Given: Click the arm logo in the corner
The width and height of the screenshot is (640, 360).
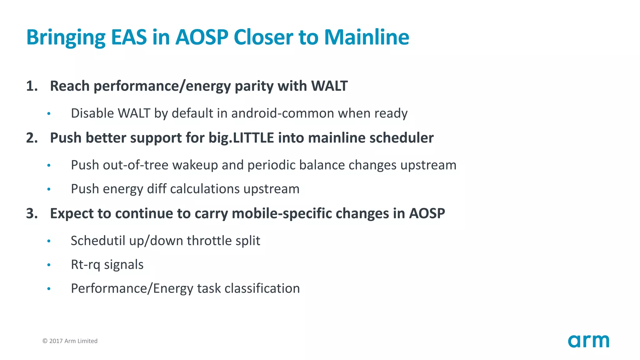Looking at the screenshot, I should pyautogui.click(x=588, y=341).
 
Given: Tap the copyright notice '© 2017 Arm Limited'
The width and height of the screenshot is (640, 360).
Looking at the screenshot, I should pyautogui.click(x=70, y=341).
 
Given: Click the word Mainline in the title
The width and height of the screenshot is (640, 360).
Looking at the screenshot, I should pyautogui.click(x=367, y=37).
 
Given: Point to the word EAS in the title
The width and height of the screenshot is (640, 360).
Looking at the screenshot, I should pyautogui.click(x=129, y=37).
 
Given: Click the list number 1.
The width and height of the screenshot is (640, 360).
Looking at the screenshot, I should pyautogui.click(x=32, y=86).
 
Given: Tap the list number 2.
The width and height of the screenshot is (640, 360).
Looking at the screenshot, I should pyautogui.click(x=32, y=138).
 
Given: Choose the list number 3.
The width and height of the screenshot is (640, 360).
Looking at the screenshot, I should pyautogui.click(x=32, y=213).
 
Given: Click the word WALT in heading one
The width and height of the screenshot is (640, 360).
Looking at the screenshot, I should pyautogui.click(x=329, y=86).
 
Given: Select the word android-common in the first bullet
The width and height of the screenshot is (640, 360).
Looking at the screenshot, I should pyautogui.click(x=282, y=113).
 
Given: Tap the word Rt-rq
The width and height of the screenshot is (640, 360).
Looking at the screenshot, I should pyautogui.click(x=85, y=265).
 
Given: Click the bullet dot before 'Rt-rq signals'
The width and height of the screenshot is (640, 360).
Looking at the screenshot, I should pyautogui.click(x=49, y=265).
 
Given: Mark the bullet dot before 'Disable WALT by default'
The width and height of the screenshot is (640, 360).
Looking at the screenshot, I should pyautogui.click(x=49, y=114).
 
